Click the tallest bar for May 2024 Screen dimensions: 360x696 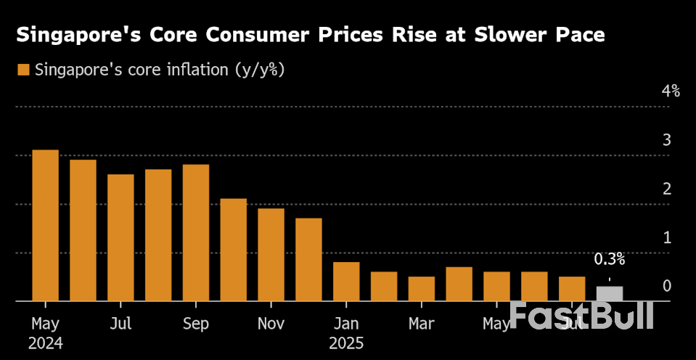pos(46,225)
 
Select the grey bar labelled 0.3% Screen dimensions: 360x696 pos(609,293)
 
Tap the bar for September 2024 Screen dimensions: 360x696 pos(196,232)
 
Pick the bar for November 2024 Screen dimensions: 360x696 pos(271,254)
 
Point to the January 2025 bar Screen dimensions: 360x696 pos(346,281)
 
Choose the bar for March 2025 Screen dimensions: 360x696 pos(422,288)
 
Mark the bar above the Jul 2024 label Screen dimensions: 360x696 pos(120,237)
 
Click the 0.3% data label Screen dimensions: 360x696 pos(609,259)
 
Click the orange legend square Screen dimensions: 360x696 pos(23,70)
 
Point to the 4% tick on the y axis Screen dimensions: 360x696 pos(670,91)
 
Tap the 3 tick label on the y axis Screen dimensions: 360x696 pos(666,139)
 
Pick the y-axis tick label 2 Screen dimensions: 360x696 pos(666,189)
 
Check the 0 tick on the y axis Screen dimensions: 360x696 pos(666,286)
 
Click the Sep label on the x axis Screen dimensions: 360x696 pos(196,322)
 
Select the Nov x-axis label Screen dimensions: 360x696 pos(271,322)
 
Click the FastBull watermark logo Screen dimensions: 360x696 pos(581,316)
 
